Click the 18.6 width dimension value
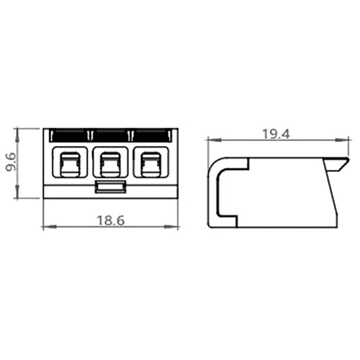111,220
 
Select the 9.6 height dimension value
11,162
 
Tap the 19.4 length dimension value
276,134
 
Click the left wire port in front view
70,162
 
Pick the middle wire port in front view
110,162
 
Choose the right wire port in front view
151,162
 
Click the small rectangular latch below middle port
110,186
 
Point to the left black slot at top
69,136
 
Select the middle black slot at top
111,136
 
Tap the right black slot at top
152,136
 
